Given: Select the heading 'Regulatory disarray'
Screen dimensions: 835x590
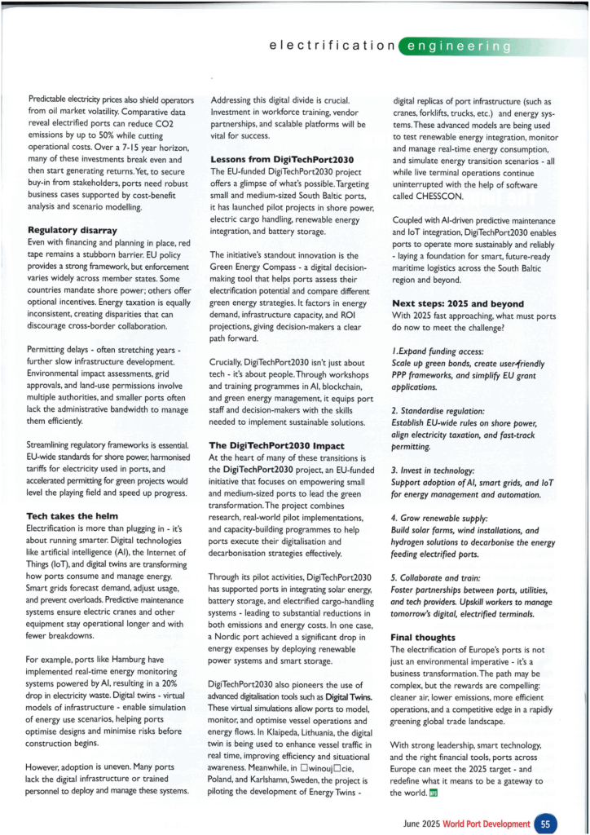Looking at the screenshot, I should pyautogui.click(x=73, y=231).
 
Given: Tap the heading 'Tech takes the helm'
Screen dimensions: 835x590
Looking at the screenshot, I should pyautogui.click(x=73, y=516).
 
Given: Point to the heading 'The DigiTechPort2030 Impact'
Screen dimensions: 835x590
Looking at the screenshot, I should pyautogui.click(x=277, y=446).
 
